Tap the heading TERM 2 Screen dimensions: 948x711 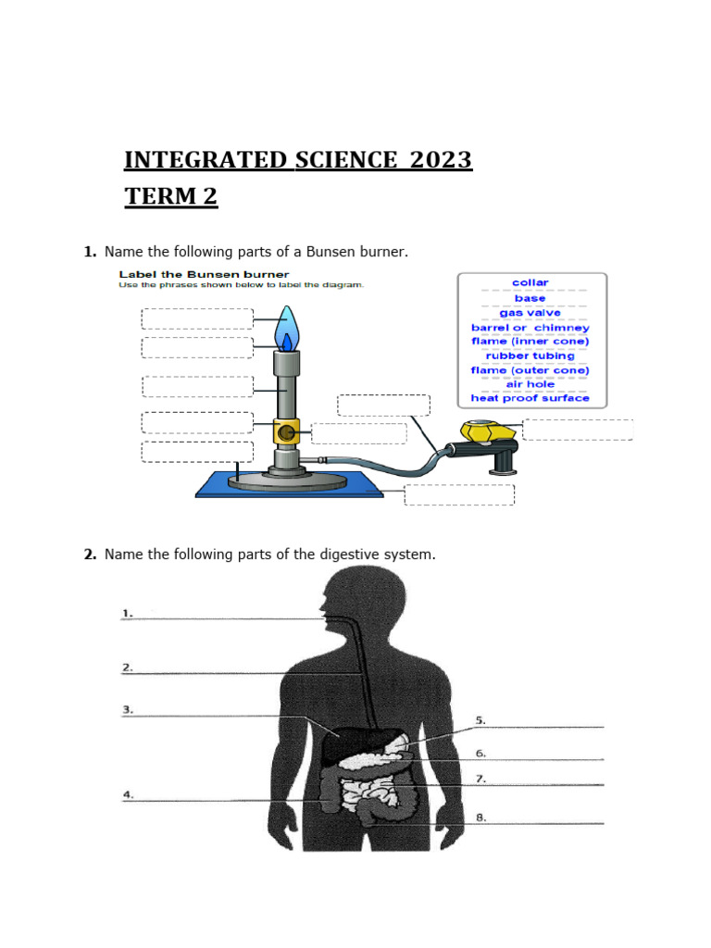[171, 196]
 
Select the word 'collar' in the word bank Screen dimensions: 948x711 [530, 282]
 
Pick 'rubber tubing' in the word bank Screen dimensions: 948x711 [530, 355]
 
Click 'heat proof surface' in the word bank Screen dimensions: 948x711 [530, 398]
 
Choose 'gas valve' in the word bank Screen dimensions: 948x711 [530, 313]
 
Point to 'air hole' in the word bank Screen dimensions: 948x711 [530, 384]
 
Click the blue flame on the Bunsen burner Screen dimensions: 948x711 [287, 329]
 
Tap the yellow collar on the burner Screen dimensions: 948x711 [285, 431]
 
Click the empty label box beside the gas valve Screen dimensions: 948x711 [578, 430]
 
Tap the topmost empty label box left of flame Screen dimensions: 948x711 [196, 318]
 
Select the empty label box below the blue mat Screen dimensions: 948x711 [459, 494]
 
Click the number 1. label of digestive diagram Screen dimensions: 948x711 [128, 613]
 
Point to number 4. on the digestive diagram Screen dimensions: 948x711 [128, 794]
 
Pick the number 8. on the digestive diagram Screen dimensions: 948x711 [481, 817]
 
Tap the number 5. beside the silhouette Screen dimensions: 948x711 [481, 719]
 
